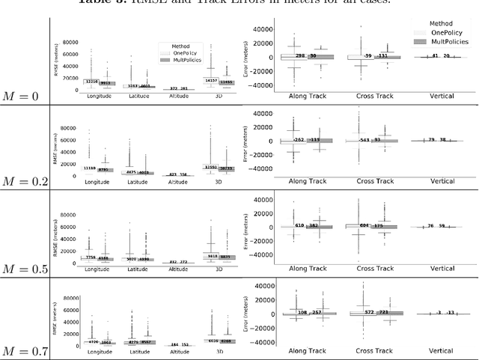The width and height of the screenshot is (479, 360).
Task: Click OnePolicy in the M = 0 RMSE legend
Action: click(184, 53)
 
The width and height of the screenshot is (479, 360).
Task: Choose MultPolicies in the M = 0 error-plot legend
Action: click(446, 42)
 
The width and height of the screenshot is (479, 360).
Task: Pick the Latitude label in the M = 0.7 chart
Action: click(138, 350)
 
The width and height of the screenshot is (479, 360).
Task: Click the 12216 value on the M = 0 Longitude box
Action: click(91, 82)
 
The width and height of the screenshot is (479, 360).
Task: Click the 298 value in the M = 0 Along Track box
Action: click(299, 56)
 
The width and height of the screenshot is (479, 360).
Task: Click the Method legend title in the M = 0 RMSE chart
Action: click(180, 46)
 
